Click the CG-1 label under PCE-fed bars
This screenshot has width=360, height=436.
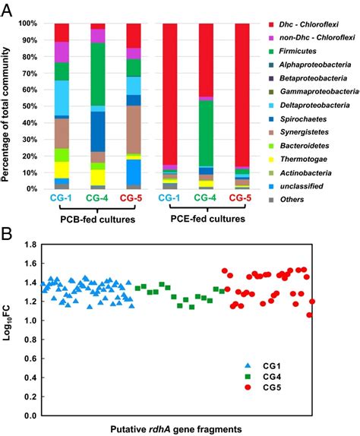tap(171, 198)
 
